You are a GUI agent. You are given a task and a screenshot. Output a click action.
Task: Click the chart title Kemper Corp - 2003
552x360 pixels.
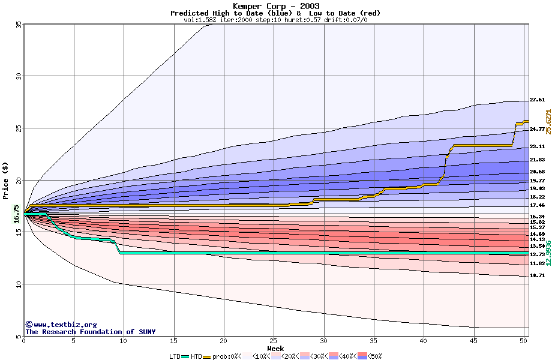(x=275, y=6)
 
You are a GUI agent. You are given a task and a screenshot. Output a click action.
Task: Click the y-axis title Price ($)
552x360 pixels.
(x=5, y=180)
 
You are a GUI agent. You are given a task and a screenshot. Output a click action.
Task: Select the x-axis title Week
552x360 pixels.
(x=275, y=348)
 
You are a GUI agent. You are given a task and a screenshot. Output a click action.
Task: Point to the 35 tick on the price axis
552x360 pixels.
(x=19, y=25)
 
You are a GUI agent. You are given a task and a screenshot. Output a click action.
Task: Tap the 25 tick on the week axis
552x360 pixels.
(x=274, y=341)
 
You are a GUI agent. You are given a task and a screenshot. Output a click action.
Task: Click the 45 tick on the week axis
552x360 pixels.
(x=473, y=341)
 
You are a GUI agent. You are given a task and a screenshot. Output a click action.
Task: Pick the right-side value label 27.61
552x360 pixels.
(x=537, y=100)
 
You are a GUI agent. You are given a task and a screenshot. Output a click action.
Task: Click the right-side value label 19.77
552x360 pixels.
(x=537, y=181)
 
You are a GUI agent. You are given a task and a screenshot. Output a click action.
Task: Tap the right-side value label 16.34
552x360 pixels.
(x=537, y=217)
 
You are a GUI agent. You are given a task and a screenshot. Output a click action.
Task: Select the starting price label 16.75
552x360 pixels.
(x=17, y=214)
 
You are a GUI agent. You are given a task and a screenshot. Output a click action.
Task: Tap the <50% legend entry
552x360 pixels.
(x=371, y=356)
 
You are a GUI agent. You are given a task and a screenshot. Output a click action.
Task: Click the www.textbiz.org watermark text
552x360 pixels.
(x=61, y=325)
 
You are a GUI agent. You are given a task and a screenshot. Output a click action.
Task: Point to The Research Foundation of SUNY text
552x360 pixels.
(x=90, y=332)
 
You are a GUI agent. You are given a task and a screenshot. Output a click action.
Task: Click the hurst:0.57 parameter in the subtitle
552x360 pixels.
(x=299, y=20)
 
